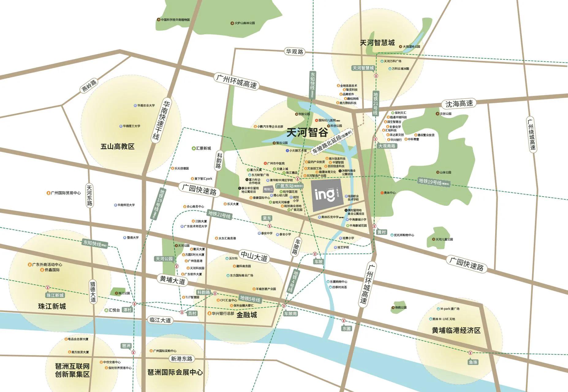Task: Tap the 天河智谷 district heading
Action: click(307, 132)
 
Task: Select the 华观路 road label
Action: click(294, 51)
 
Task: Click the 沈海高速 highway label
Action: click(459, 104)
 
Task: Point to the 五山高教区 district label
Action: click(117, 146)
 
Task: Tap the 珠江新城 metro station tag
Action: click(55, 295)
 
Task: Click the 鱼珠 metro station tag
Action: click(473, 362)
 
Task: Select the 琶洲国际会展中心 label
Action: click(175, 372)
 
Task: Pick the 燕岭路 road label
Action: click(89, 86)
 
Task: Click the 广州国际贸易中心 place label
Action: click(66, 193)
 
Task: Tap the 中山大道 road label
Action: click(254, 256)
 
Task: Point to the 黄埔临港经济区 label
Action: click(456, 330)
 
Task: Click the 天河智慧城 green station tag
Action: click(363, 68)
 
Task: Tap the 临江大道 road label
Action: click(160, 320)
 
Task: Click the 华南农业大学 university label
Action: click(146, 105)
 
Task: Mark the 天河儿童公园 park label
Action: click(444, 239)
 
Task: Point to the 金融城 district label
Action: click(246, 315)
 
